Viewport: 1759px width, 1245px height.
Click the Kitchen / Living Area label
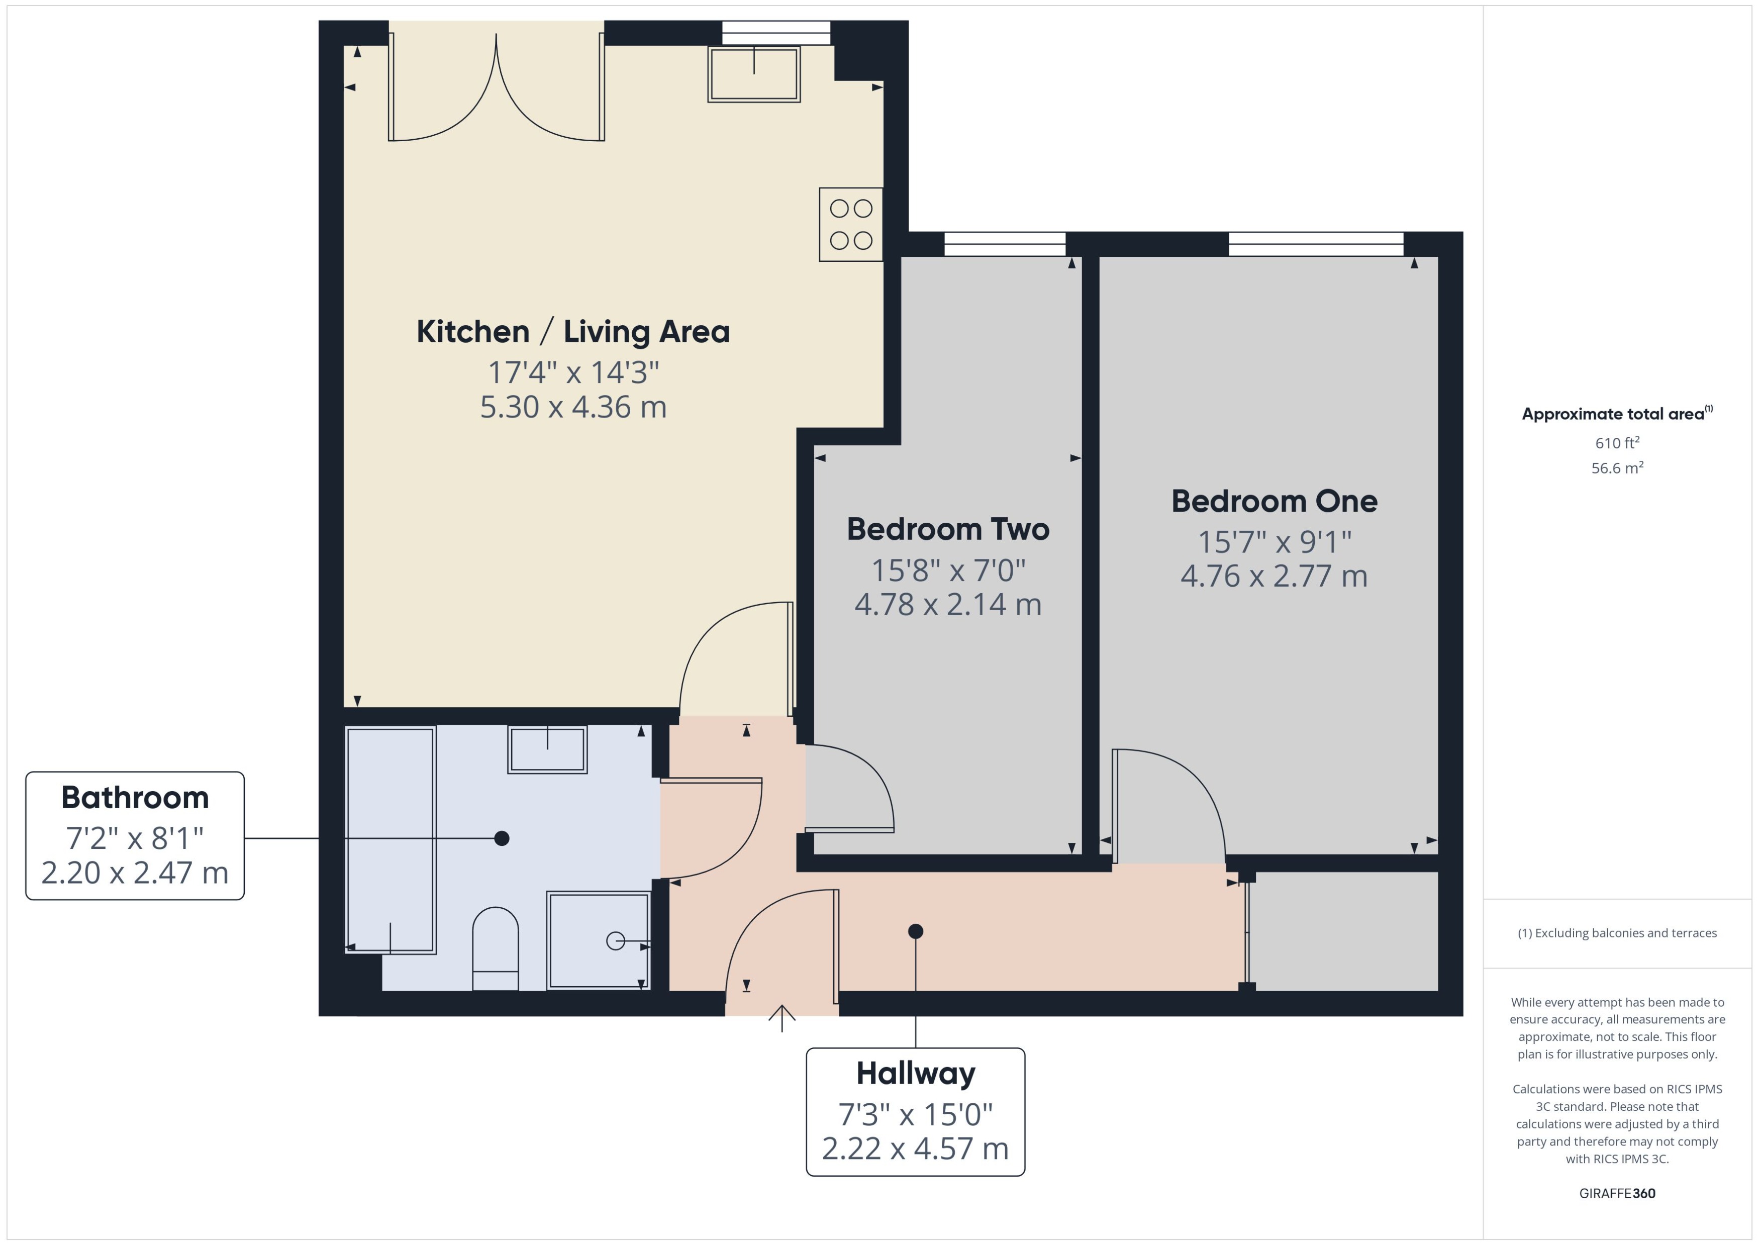pyautogui.click(x=572, y=332)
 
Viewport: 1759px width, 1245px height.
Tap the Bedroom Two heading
pyautogui.click(x=947, y=529)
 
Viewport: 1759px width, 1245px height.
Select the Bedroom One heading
pyautogui.click(x=1274, y=502)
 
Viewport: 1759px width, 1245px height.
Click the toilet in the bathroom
pyautogui.click(x=495, y=949)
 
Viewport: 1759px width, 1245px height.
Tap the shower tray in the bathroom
pyautogui.click(x=598, y=940)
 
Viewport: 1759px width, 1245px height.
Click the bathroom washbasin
pyautogui.click(x=547, y=749)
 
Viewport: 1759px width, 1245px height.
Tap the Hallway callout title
pyautogui.click(x=915, y=1073)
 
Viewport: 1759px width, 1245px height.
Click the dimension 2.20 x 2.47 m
pyautogui.click(x=135, y=873)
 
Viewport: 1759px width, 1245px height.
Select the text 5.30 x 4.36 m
pyautogui.click(x=572, y=407)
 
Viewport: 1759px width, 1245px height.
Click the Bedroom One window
pyautogui.click(x=1315, y=244)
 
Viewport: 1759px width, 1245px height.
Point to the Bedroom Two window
pyautogui.click(x=1004, y=244)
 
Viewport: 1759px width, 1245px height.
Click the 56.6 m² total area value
pyautogui.click(x=1616, y=467)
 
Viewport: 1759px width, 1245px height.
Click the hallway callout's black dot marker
pyautogui.click(x=915, y=931)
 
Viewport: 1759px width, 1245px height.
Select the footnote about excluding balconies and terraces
pyautogui.click(x=1616, y=933)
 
